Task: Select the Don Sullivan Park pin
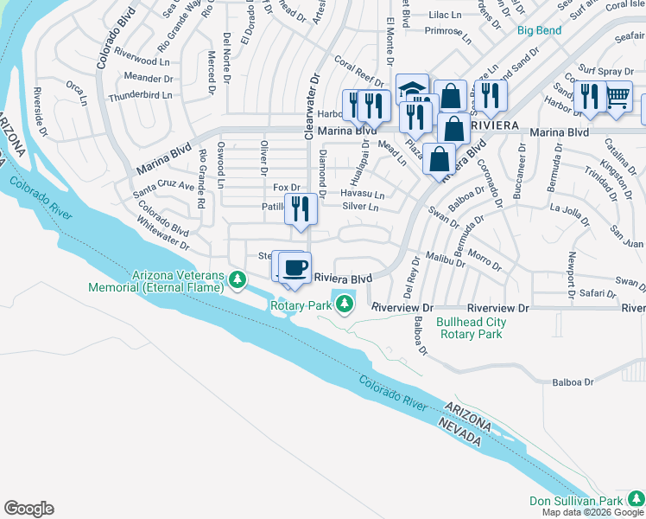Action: point(635,498)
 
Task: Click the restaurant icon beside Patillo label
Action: point(301,208)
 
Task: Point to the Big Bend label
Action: point(539,30)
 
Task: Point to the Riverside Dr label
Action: point(41,112)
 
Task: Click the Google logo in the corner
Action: point(28,509)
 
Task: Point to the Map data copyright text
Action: point(593,512)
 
